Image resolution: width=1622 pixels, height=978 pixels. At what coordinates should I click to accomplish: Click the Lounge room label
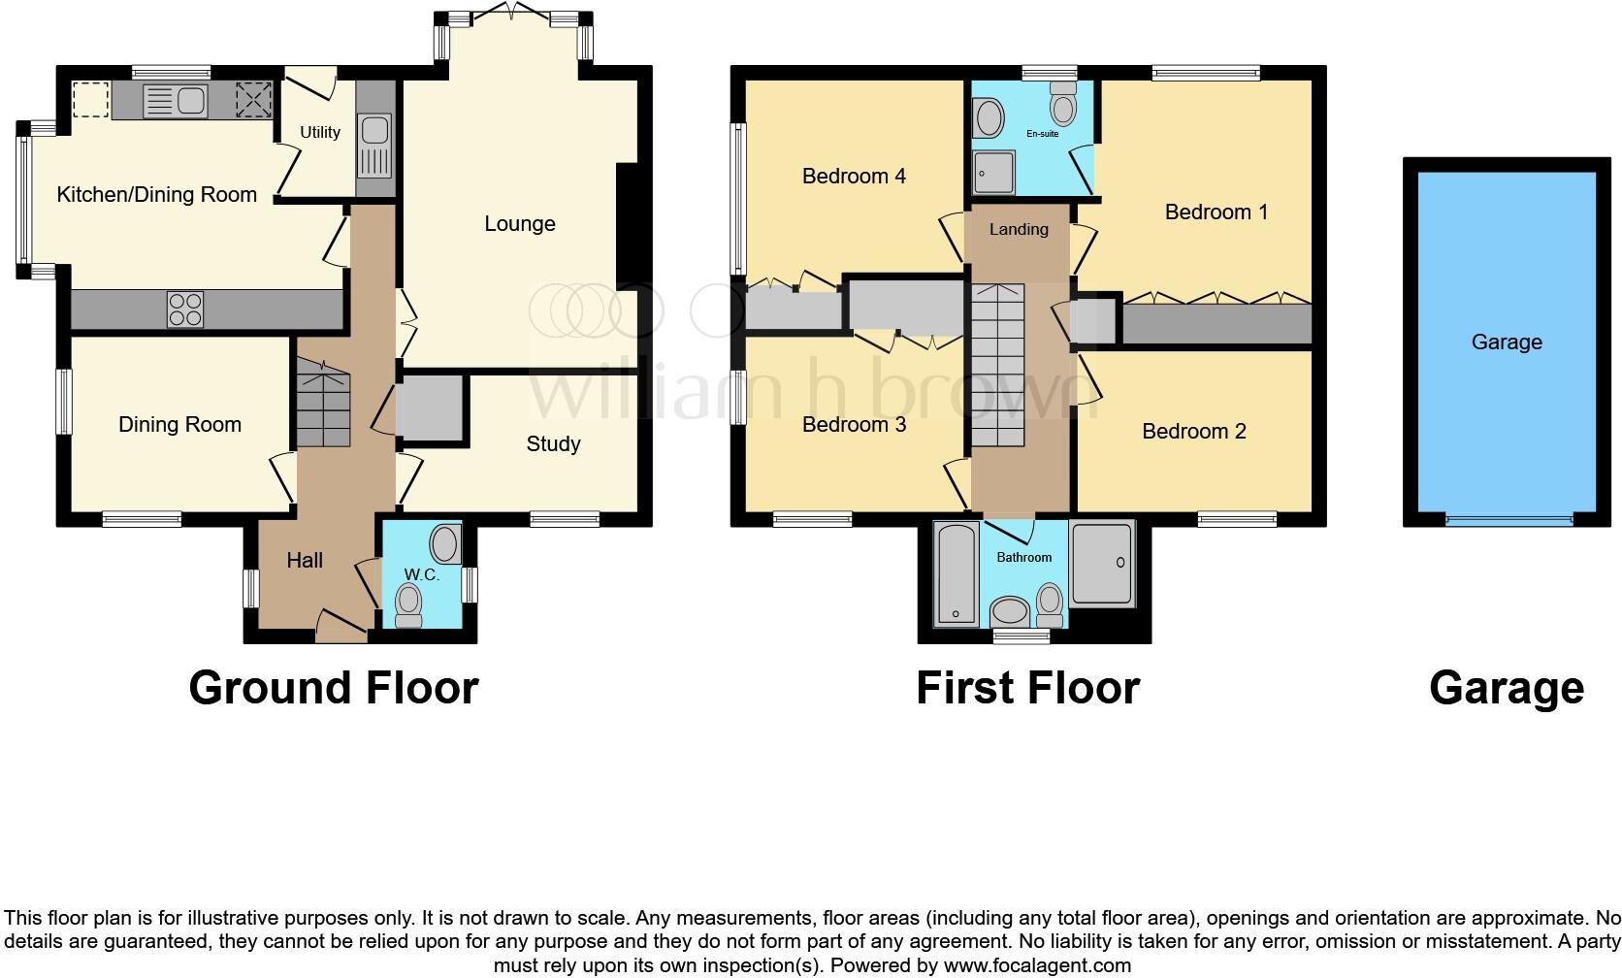[x=520, y=224]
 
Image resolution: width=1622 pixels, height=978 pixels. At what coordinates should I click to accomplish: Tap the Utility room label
[x=320, y=133]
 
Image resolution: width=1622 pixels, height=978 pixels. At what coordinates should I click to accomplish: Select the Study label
[x=553, y=444]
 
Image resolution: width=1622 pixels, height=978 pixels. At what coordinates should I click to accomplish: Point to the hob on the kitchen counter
[x=185, y=310]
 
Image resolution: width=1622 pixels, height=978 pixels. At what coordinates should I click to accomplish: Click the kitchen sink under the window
[x=176, y=101]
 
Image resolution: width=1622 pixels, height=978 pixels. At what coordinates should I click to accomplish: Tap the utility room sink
[x=374, y=147]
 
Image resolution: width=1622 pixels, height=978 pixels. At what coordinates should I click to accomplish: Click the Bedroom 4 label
[x=854, y=176]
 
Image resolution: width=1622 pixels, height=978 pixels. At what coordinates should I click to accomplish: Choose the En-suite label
[x=1043, y=134]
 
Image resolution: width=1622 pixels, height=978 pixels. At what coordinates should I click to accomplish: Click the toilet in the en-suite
[x=1064, y=104]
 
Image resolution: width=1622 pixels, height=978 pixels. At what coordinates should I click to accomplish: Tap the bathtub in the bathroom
[x=956, y=573]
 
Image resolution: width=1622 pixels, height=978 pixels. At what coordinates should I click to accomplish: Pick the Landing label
[x=1019, y=230]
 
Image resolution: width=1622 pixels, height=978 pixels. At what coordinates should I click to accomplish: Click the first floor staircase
[x=998, y=365]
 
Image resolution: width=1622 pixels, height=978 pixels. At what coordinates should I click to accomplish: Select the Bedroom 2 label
[x=1194, y=432]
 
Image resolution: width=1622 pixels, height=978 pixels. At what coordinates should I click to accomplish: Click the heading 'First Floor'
[x=1028, y=688]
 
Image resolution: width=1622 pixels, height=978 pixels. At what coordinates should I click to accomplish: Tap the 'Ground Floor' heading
[x=334, y=688]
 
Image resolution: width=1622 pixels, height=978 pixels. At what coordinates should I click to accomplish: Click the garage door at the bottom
[x=1509, y=519]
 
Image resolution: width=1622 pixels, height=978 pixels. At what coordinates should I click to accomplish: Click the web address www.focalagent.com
[x=1038, y=965]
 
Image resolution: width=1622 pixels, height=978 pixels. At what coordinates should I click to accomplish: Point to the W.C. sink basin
[x=445, y=543]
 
